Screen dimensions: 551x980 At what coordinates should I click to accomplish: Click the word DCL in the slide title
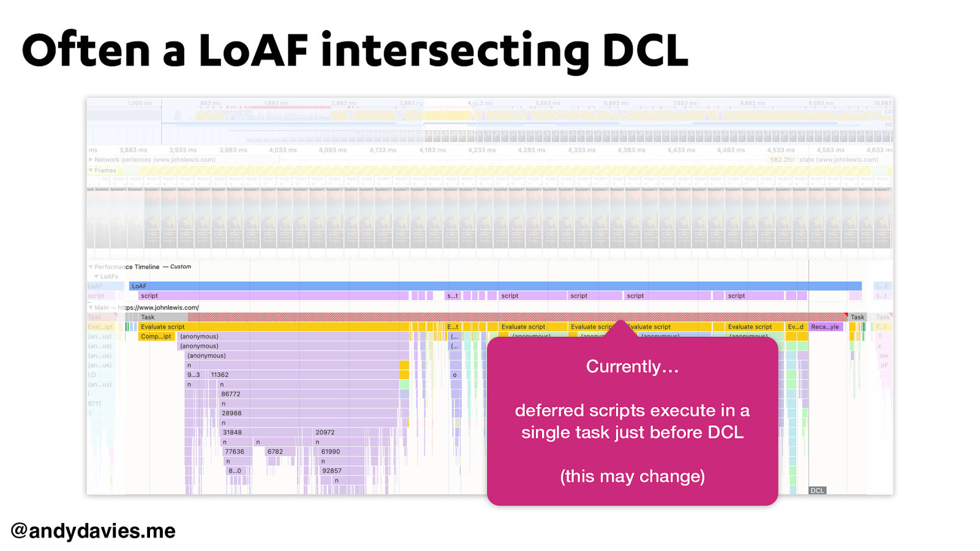click(645, 50)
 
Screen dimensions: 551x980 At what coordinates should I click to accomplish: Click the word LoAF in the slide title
click(252, 50)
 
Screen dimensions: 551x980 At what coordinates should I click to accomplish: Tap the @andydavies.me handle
click(93, 530)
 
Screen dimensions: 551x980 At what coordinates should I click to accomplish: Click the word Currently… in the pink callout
click(632, 366)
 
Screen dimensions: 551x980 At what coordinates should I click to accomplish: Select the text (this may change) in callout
click(632, 476)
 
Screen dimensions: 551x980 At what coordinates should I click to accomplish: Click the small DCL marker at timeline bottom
click(817, 490)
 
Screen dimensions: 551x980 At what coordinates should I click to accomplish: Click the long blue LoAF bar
click(495, 286)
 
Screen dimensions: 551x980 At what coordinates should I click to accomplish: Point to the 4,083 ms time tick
click(333, 150)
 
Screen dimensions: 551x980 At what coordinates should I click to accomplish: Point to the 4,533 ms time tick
click(780, 150)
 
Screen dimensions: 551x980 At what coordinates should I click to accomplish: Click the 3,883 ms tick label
click(133, 150)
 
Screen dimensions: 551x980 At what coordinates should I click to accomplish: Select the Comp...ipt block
click(156, 336)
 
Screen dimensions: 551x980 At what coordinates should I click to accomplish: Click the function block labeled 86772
click(231, 394)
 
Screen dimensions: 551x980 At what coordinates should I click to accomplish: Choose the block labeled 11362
click(220, 375)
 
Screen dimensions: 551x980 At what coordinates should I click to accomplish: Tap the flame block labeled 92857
click(332, 471)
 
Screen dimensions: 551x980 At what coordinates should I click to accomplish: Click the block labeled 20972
click(325, 432)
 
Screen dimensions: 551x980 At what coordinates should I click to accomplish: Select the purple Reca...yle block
click(825, 327)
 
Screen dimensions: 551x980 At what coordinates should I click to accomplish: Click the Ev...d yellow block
click(796, 327)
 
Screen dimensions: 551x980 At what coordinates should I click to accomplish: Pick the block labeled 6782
click(275, 451)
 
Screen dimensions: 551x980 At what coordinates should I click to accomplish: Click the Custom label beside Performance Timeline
click(181, 267)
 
